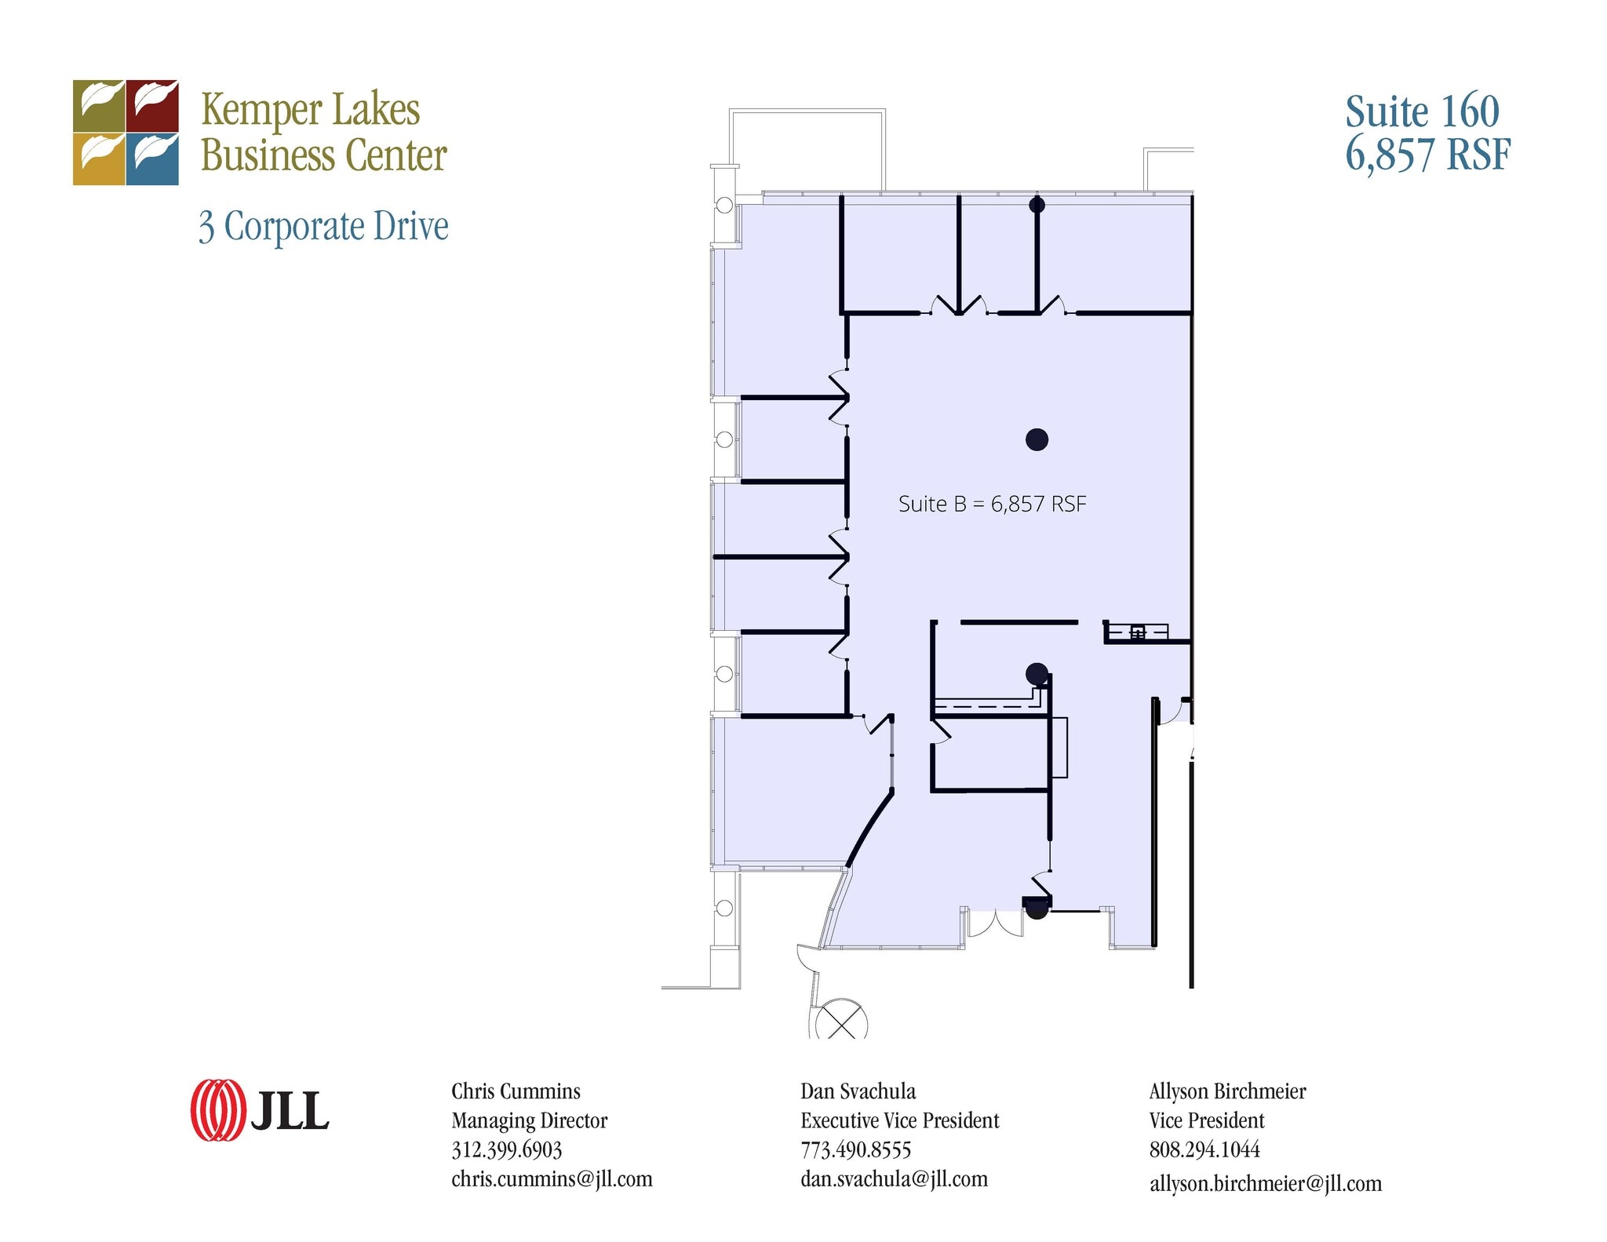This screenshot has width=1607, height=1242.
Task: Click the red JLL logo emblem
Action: [x=217, y=1109]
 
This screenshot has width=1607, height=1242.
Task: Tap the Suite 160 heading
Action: [x=1422, y=112]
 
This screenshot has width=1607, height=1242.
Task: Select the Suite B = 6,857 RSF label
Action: [x=992, y=504]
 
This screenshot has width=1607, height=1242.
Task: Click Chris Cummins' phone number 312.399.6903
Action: [x=506, y=1149]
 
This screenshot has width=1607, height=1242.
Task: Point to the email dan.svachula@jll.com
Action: [x=894, y=1178]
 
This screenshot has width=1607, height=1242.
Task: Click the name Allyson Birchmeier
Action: [x=1227, y=1091]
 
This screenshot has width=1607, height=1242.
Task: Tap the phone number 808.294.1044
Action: [x=1204, y=1149]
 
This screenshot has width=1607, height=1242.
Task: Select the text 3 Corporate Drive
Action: [x=323, y=227]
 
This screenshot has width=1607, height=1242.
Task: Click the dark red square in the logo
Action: [x=152, y=105]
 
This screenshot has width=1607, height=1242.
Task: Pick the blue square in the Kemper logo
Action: [x=152, y=159]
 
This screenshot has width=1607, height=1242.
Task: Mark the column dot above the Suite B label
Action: [x=1037, y=439]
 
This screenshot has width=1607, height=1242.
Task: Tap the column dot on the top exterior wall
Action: [x=1037, y=206]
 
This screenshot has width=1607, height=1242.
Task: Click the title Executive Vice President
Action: [x=899, y=1120]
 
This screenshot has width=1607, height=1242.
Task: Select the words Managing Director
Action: [x=529, y=1120]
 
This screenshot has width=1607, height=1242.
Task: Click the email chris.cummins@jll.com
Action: [x=552, y=1178]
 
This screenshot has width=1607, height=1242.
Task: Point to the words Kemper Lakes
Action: [x=310, y=110]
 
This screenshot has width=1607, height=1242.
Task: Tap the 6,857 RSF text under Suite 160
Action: [x=1427, y=155]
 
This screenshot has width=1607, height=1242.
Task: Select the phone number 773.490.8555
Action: [x=855, y=1149]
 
